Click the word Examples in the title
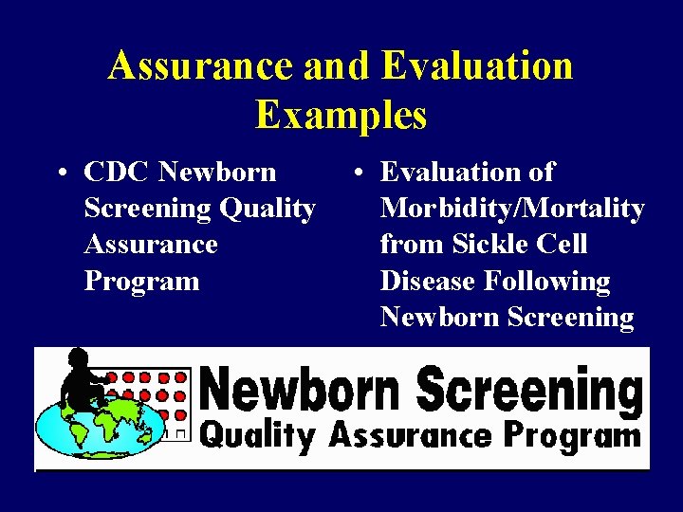pos(341,116)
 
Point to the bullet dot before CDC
pos(61,174)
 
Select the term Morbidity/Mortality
pos(512,209)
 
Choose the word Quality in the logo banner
pos(259,435)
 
